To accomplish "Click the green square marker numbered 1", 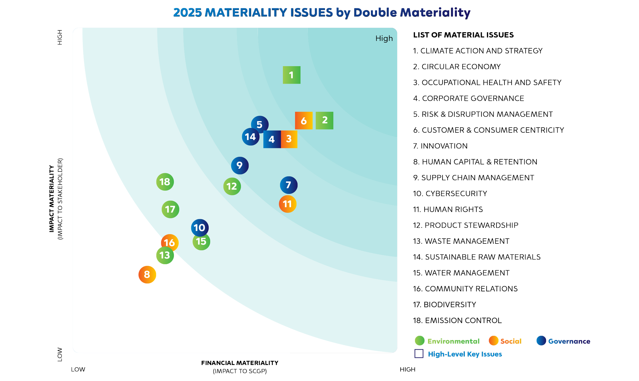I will tap(291, 75).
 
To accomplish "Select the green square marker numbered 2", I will tap(324, 120).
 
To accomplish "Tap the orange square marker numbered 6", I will tap(304, 121).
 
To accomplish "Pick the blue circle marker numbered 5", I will tap(259, 124).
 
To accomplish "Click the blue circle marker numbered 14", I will tap(250, 137).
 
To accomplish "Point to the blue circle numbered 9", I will tap(240, 165).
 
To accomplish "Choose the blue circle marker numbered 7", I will tap(289, 185).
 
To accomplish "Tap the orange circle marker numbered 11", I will tap(288, 204).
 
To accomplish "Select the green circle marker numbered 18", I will tap(165, 182).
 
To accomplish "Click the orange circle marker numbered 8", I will tap(147, 274).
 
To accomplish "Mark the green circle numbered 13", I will tap(165, 255).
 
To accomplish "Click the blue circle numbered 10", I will tap(200, 228).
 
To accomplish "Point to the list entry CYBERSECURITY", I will tap(450, 194).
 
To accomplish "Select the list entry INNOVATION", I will tap(440, 146).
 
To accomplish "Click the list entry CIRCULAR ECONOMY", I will tap(457, 67).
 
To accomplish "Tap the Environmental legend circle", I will tap(420, 341).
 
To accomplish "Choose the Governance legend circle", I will tap(541, 341).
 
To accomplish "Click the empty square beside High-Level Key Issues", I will tap(419, 354).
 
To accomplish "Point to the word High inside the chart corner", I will tap(384, 38).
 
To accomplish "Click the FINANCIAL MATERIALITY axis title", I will tap(240, 363).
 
